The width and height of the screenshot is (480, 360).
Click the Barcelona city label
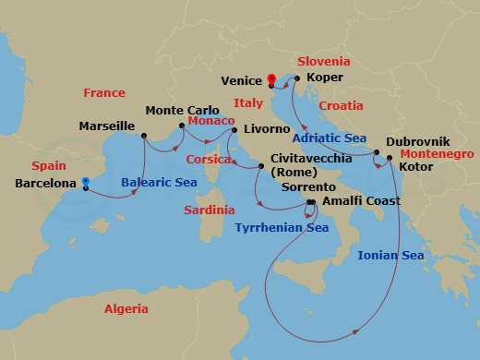click(45, 184)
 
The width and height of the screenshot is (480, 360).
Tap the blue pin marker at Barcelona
click(85, 183)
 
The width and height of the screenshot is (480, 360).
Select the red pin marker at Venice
click(271, 79)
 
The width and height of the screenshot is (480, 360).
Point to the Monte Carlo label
click(177, 110)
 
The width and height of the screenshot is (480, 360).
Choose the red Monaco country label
click(211, 122)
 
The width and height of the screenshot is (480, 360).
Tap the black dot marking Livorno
click(234, 129)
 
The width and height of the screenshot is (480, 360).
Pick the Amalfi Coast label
click(361, 200)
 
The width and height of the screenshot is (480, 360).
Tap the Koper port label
click(324, 78)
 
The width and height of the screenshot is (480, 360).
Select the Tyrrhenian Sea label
click(281, 226)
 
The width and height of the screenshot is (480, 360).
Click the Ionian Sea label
click(390, 256)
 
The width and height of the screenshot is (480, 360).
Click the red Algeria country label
click(127, 309)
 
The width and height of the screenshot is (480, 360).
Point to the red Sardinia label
click(208, 210)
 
